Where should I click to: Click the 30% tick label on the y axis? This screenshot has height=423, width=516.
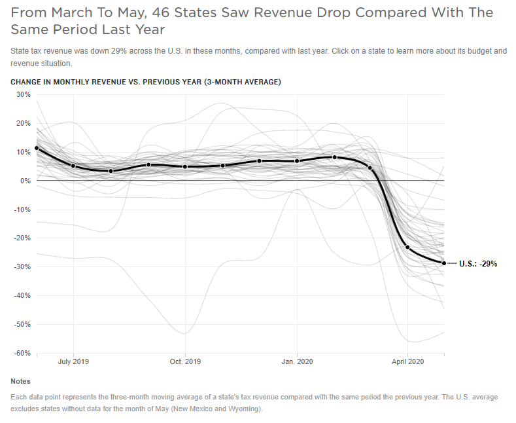pyautogui.click(x=23, y=94)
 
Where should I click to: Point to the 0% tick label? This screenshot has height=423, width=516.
pyautogui.click(x=26, y=181)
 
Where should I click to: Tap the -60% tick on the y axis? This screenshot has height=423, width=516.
pyautogui.click(x=22, y=353)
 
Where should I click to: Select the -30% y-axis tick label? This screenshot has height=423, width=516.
pyautogui.click(x=22, y=267)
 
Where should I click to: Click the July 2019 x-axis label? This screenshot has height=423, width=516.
pyautogui.click(x=73, y=361)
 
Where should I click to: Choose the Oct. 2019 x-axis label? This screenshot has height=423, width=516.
pyautogui.click(x=185, y=361)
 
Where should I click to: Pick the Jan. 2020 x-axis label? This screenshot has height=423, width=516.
pyautogui.click(x=297, y=361)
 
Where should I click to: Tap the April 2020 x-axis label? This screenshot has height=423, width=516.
pyautogui.click(x=408, y=361)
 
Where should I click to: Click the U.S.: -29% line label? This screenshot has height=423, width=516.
pyautogui.click(x=478, y=264)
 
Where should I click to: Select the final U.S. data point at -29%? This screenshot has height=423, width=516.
pyautogui.click(x=444, y=263)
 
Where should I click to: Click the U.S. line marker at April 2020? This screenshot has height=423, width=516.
pyautogui.click(x=407, y=247)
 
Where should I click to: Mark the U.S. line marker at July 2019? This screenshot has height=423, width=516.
pyautogui.click(x=73, y=166)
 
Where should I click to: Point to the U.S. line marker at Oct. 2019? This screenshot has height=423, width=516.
pyautogui.click(x=185, y=167)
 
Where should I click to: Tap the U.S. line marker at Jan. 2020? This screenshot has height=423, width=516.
pyautogui.click(x=297, y=161)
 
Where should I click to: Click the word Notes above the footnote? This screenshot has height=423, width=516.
pyautogui.click(x=20, y=381)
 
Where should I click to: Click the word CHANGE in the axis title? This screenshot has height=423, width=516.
pyautogui.click(x=27, y=82)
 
